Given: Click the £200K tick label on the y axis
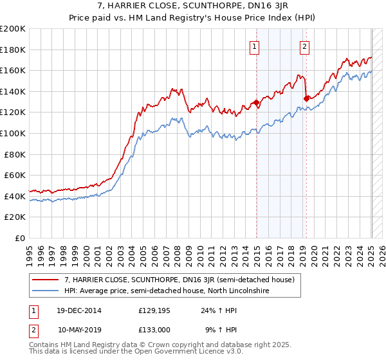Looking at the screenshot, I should [x=13, y=29].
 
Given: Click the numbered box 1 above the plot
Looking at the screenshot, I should [x=255, y=46].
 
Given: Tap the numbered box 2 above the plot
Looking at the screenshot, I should [x=304, y=46].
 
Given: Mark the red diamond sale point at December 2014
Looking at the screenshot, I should [x=256, y=102].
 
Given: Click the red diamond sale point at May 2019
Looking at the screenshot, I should [x=306, y=98].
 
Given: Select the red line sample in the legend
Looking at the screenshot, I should [x=45, y=280].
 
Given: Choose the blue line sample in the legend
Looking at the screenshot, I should [x=45, y=291].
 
